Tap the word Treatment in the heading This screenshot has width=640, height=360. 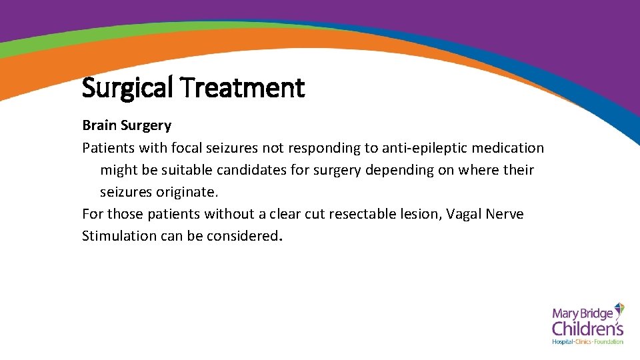click(243, 87)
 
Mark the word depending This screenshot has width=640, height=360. click(397, 170)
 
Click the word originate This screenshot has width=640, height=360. click(187, 192)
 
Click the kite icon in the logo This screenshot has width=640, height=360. click(618, 310)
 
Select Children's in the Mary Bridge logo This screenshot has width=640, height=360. click(587, 328)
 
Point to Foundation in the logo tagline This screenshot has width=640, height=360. click(608, 342)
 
